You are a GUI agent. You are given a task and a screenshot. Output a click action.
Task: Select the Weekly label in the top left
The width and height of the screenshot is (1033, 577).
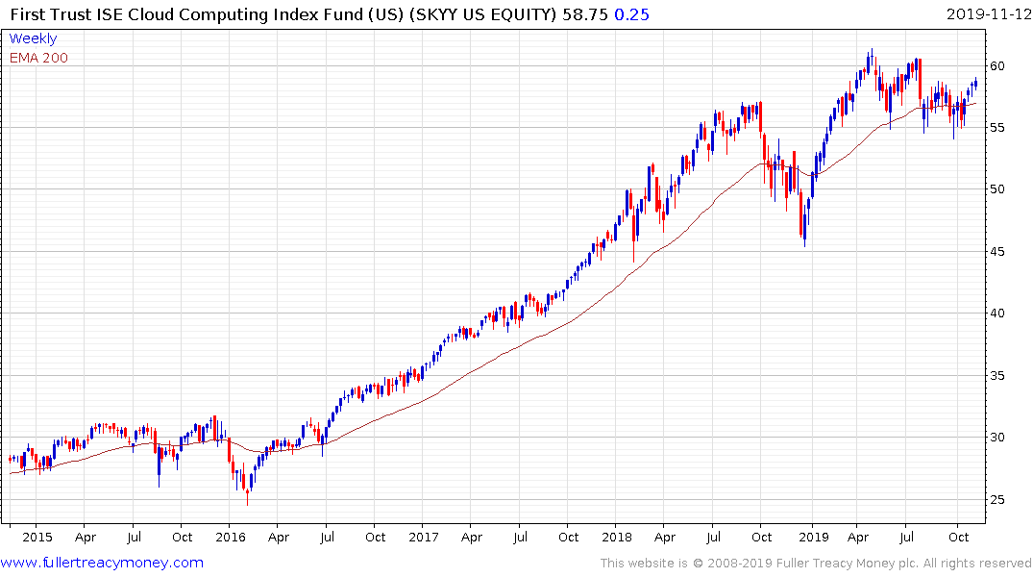(33, 38)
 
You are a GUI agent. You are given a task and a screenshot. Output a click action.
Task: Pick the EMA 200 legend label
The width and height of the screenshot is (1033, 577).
(38, 58)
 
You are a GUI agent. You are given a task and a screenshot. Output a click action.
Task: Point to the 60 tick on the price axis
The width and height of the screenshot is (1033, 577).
(999, 66)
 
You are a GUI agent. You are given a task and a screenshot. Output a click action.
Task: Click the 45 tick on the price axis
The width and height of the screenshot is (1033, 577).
(999, 252)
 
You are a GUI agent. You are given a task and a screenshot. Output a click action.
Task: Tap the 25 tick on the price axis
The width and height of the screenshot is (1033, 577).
(999, 500)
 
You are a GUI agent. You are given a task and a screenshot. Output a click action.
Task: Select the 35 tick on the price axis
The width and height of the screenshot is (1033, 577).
(999, 376)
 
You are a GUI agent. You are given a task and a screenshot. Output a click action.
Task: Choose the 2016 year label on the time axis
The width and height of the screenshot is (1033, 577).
(230, 537)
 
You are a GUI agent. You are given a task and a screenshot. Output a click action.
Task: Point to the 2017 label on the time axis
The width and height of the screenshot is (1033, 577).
(425, 537)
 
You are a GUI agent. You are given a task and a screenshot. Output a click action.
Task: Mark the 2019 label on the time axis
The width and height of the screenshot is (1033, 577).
(814, 537)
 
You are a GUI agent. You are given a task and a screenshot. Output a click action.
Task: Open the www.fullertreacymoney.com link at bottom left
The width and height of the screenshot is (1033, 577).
(102, 563)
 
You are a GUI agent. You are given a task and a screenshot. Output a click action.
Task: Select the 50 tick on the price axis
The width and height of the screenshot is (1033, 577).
(999, 189)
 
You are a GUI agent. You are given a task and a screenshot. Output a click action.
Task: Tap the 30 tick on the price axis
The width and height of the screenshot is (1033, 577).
(999, 438)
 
